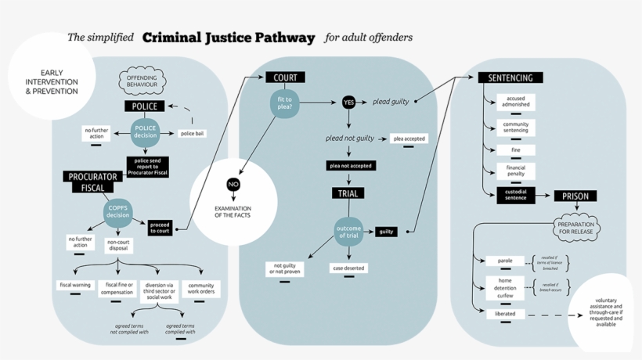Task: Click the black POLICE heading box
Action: point(143,106)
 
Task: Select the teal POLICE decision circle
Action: point(146,132)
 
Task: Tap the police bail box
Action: point(193,134)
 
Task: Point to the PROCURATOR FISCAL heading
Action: point(93,182)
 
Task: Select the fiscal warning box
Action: point(76,285)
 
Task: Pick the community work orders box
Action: point(201,290)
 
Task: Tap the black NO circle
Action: point(233,185)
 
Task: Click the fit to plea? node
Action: point(285,103)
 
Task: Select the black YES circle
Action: point(348,103)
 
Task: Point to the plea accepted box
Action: point(409,139)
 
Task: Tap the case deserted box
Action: point(348,268)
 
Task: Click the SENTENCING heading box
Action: point(510,78)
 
